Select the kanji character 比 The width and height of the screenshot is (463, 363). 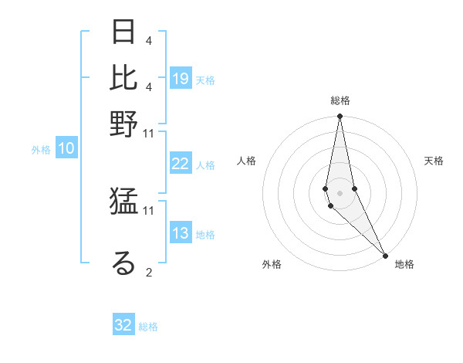[x=123, y=77]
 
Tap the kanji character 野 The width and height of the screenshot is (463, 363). [x=123, y=124]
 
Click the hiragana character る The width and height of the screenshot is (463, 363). [x=123, y=263]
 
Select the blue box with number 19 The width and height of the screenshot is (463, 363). [x=181, y=79]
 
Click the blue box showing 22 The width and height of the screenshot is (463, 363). [x=181, y=164]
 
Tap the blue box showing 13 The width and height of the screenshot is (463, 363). [x=181, y=233]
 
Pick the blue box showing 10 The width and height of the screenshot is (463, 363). [x=66, y=149]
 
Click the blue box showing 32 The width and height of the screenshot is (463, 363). [x=123, y=325]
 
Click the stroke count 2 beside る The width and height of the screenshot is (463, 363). [x=148, y=272]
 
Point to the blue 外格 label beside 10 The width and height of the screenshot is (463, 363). [x=41, y=150]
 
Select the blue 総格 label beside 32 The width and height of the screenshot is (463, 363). [x=148, y=327]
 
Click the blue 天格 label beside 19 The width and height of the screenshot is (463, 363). [x=205, y=80]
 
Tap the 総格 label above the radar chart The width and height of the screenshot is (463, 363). [x=340, y=100]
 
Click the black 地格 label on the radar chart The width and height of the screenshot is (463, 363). [x=404, y=264]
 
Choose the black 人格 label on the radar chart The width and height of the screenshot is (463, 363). [x=247, y=161]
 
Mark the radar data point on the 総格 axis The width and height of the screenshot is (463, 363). [x=340, y=117]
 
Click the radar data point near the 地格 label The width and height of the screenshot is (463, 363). [x=384, y=254]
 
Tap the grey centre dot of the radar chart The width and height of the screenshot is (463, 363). [x=340, y=192]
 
